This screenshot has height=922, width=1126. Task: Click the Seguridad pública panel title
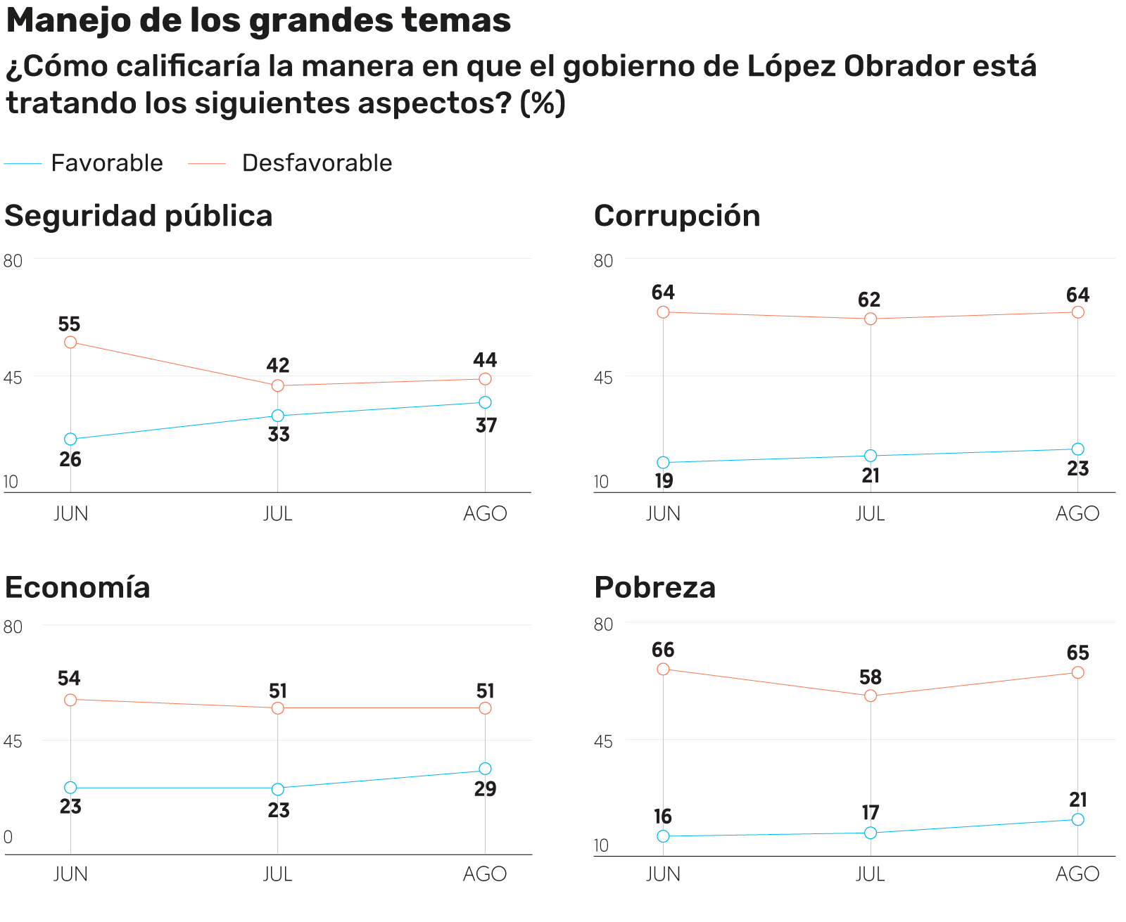[139, 216]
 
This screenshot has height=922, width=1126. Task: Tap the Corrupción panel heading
[676, 216]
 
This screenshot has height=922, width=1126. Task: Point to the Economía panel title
[77, 587]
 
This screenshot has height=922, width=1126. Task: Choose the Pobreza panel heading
[654, 587]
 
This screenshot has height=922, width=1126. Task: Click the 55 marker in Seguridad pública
[70, 342]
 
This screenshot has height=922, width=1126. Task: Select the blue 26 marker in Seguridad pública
[70, 439]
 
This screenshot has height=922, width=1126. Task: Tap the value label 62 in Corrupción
[869, 300]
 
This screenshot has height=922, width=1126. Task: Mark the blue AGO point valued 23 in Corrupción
[1077, 449]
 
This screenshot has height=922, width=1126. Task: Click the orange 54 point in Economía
[70, 700]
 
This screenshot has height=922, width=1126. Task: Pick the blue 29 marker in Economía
[485, 769]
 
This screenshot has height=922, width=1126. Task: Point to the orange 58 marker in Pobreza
[871, 696]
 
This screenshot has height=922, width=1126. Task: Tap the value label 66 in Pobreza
[663, 650]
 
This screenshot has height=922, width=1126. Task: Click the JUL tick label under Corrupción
[870, 514]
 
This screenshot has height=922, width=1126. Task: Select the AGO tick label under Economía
[485, 874]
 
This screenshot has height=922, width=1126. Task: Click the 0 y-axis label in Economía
[8, 837]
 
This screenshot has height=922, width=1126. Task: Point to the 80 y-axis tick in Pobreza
[603, 625]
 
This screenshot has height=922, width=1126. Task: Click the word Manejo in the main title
[68, 20]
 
